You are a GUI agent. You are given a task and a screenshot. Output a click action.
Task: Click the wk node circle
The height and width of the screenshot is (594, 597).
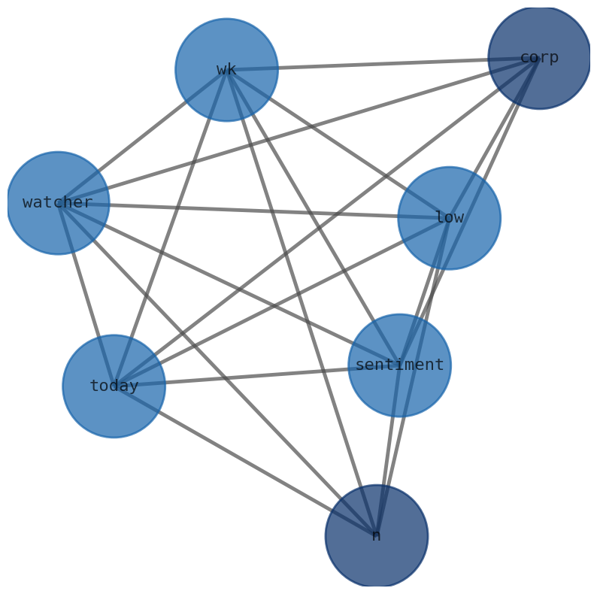point(226,70)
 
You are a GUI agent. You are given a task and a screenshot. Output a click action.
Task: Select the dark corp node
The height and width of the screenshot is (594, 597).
point(539,58)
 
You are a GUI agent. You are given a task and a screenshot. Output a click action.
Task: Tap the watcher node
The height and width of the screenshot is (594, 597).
point(58,203)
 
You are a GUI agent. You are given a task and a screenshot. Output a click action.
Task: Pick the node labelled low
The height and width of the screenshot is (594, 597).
point(449,218)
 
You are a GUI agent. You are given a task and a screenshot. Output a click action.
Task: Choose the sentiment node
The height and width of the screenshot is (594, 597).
point(399,365)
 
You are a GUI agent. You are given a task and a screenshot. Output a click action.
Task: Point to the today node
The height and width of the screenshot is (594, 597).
point(114,386)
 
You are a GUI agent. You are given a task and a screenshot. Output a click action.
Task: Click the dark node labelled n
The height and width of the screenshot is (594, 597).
point(376,536)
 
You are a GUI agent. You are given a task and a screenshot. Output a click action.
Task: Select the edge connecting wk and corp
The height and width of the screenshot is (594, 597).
point(383,64)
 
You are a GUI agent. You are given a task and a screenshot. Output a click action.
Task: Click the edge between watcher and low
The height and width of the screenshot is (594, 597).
point(253,211)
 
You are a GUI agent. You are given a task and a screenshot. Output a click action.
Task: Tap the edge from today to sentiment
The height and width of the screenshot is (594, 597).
point(256,376)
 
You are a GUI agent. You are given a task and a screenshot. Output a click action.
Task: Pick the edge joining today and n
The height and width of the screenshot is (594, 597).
point(244,461)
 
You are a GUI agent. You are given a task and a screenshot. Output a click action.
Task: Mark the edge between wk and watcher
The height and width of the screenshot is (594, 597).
point(142,136)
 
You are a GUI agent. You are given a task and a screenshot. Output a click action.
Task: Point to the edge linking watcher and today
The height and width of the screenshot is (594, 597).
point(86,295)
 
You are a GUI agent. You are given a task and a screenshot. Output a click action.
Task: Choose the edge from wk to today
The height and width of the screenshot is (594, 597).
point(170,228)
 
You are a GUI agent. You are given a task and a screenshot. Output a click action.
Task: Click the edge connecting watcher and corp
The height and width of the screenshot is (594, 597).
point(298,130)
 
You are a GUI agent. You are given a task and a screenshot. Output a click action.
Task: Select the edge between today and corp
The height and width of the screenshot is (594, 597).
point(326,222)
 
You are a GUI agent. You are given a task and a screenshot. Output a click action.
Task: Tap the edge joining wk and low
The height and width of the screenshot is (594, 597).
point(338,144)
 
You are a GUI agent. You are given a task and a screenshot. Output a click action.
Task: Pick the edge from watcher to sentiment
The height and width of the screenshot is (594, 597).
point(229,284)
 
